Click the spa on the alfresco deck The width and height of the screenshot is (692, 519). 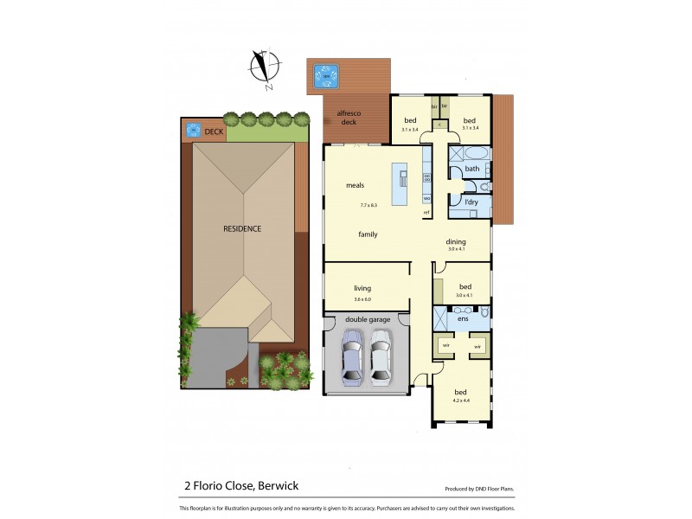click(326, 77)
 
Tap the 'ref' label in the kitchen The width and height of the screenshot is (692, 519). click(426, 213)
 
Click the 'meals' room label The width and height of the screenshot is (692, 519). click(355, 185)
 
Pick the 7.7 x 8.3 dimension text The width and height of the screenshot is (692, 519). click(369, 206)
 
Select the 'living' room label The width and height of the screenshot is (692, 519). click(362, 288)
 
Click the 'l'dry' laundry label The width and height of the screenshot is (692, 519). click(471, 202)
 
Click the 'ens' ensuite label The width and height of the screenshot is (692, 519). click(463, 319)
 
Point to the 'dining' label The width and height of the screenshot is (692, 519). click(456, 242)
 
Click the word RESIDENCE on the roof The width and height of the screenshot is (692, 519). click(242, 228)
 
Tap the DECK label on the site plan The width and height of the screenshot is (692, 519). click(213, 131)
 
